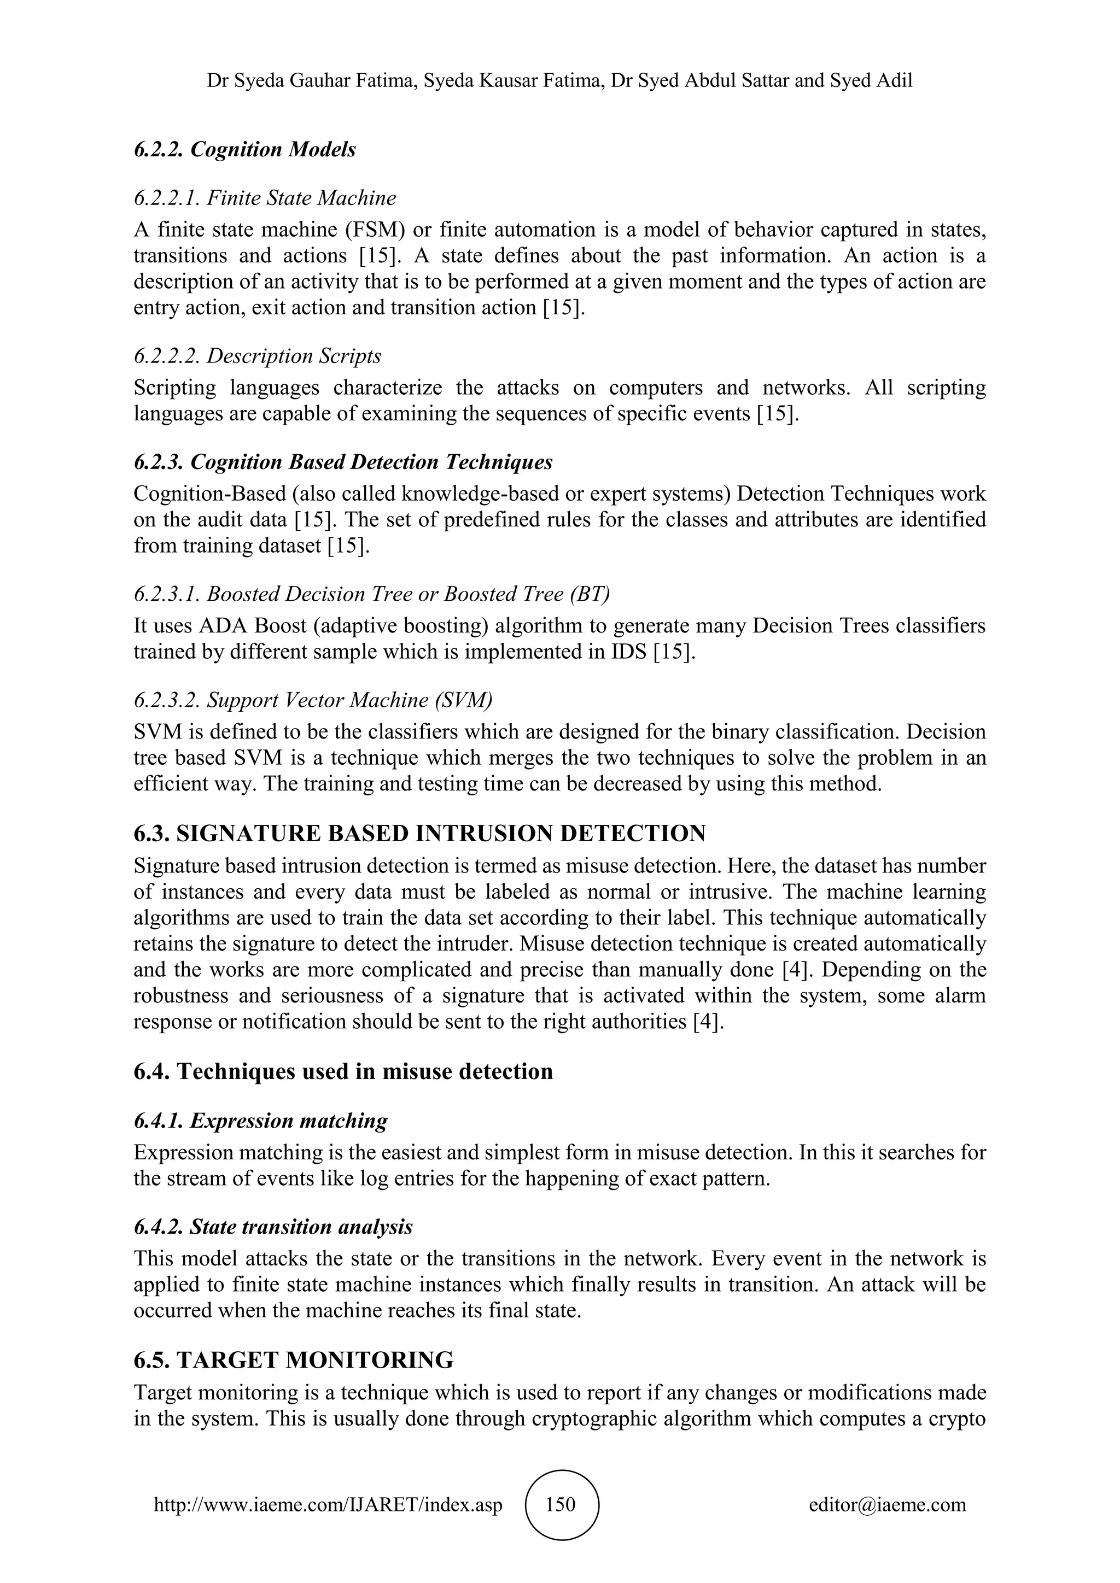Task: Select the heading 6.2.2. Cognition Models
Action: click(245, 150)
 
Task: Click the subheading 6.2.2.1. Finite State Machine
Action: click(265, 198)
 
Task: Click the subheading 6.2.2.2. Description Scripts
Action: click(257, 356)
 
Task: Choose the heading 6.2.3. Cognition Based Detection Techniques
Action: click(343, 462)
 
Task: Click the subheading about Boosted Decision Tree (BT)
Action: click(372, 594)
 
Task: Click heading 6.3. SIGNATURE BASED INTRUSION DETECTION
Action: click(419, 834)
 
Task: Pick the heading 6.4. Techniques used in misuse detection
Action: click(343, 1071)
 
